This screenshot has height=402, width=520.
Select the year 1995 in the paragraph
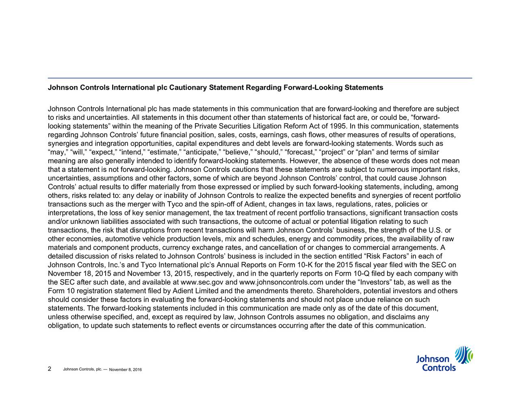pos(339,126)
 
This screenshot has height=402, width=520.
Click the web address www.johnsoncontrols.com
pos(279,282)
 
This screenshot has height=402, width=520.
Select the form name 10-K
pos(303,265)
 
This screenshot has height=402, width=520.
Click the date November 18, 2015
pos(80,274)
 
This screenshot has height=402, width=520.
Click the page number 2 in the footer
pos(49,369)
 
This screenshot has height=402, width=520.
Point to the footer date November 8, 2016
pos(125,369)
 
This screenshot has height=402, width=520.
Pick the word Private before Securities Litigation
pos(206,126)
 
